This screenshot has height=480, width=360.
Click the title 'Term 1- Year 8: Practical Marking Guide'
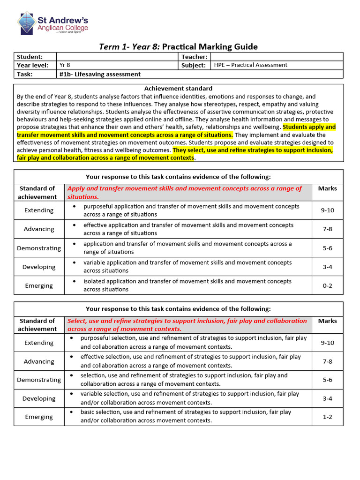coord(178,46)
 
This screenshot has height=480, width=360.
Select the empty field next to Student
coord(118,57)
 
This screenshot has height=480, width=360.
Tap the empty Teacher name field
coord(276,57)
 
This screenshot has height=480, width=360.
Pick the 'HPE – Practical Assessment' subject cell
coord(250,65)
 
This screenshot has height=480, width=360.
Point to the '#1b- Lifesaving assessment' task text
coord(100,74)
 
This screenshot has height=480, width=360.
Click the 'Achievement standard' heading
coord(178,88)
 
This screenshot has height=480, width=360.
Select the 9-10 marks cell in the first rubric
coord(327,210)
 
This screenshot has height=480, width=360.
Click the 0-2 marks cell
coord(327,285)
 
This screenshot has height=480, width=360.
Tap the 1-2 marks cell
coord(327,417)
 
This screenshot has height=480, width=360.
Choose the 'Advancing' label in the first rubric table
coord(39,229)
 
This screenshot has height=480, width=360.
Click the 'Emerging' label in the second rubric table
coord(39,417)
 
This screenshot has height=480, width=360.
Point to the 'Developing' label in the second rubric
coord(39,398)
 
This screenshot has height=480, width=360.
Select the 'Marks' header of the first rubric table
coord(327,188)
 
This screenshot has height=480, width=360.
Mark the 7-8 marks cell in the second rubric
coord(327,361)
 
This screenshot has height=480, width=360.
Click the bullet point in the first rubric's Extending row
coord(75,206)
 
